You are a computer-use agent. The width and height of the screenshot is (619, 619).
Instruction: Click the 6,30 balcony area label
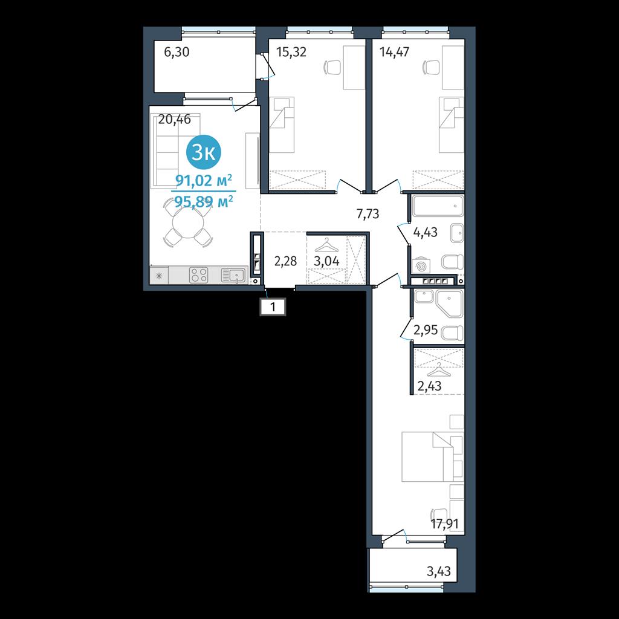pyautogui.click(x=177, y=52)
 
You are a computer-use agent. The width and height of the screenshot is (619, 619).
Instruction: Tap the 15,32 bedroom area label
pyautogui.click(x=291, y=52)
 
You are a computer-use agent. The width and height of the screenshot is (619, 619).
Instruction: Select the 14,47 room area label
pyautogui.click(x=394, y=52)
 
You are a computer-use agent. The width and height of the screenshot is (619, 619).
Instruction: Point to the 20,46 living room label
pyautogui.click(x=174, y=119)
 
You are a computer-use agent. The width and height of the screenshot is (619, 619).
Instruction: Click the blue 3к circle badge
pyautogui.click(x=204, y=152)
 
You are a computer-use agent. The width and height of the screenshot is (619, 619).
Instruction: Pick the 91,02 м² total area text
pyautogui.click(x=204, y=181)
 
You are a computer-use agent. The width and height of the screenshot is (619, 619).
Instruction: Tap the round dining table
pyautogui.click(x=188, y=223)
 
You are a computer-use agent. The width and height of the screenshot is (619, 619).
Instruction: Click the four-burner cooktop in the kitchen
pyautogui.click(x=198, y=275)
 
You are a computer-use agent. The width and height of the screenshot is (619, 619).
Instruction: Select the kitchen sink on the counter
pyautogui.click(x=234, y=275)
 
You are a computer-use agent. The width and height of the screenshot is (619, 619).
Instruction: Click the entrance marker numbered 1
pyautogui.click(x=273, y=306)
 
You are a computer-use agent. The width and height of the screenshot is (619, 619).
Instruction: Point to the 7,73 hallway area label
pyautogui.click(x=368, y=214)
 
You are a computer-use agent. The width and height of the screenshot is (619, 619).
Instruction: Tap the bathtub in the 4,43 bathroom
pyautogui.click(x=438, y=206)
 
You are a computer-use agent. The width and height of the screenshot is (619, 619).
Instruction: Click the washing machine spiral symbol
pyautogui.click(x=421, y=265)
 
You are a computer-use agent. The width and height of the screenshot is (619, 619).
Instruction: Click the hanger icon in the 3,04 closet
pyautogui.click(x=326, y=245)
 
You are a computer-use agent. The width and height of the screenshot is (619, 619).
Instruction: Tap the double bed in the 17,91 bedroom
pyautogui.click(x=432, y=457)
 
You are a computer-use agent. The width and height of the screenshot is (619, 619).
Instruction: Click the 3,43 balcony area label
pyautogui.click(x=439, y=571)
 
